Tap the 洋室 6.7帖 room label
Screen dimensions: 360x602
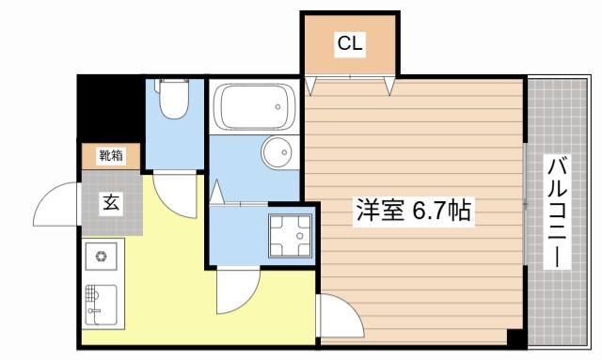(413, 210)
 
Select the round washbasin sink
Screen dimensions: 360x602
(277, 152)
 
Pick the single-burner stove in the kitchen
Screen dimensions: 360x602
(101, 254)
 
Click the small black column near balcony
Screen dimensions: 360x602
(514, 337)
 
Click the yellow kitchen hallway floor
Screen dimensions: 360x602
(169, 282)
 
